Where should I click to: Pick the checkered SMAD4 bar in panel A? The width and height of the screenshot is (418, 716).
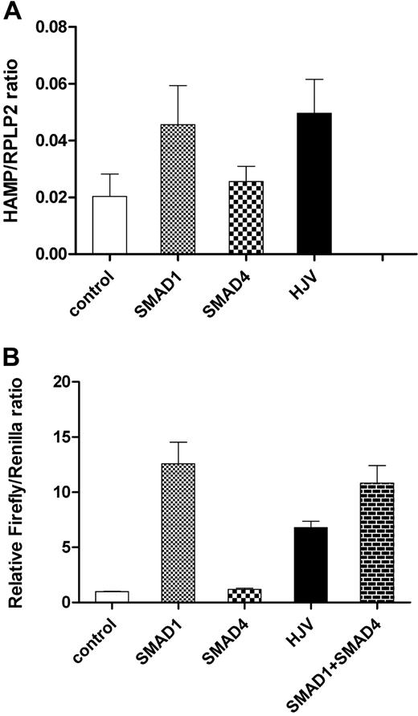point(246,218)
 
